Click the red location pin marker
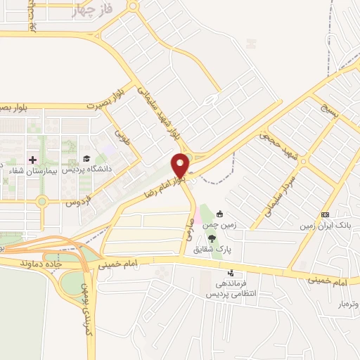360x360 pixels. coord(181,165)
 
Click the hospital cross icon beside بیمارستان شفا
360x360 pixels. coord(32,160)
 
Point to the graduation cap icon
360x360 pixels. coord(86,160)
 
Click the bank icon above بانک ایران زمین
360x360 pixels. coord(324,214)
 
